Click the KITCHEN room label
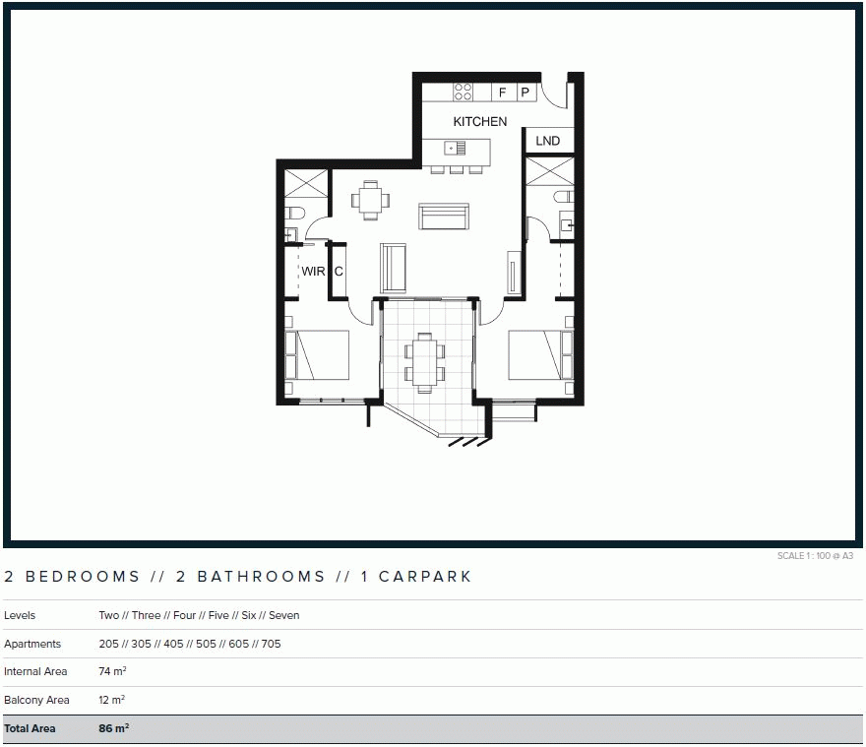point(480,122)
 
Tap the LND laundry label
point(548,142)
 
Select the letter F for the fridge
point(503,93)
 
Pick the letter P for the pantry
point(526,93)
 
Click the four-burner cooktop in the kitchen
point(464,92)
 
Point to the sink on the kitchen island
point(455,149)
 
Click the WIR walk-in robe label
point(313,271)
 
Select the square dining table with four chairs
point(370,200)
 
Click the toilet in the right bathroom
point(563,197)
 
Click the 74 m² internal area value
point(112,672)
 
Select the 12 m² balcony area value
point(112,701)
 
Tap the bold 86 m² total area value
point(114,729)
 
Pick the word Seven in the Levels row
point(284,615)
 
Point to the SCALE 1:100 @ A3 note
point(815,556)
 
